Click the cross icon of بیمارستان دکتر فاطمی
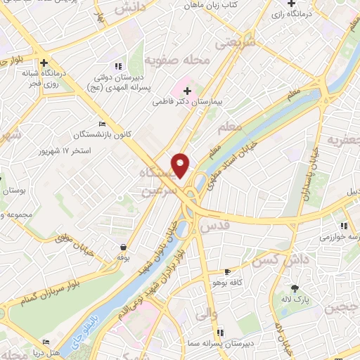click(187, 89)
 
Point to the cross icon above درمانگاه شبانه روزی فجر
click(44, 61)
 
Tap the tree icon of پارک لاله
click(295, 288)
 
